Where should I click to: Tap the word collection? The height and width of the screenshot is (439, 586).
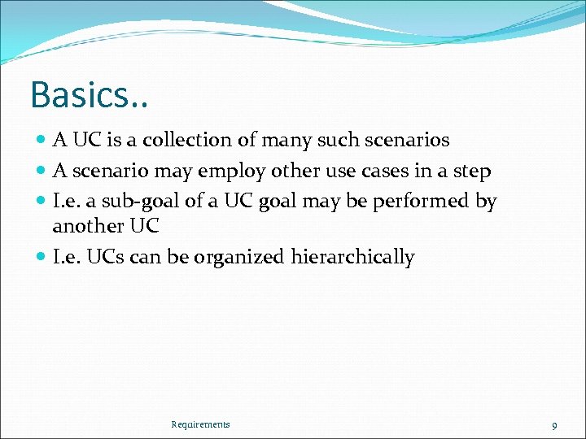point(187,140)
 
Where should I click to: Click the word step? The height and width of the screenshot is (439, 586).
point(472,172)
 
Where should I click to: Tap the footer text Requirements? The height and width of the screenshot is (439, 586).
point(200,424)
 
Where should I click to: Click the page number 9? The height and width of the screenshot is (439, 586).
point(554,425)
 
